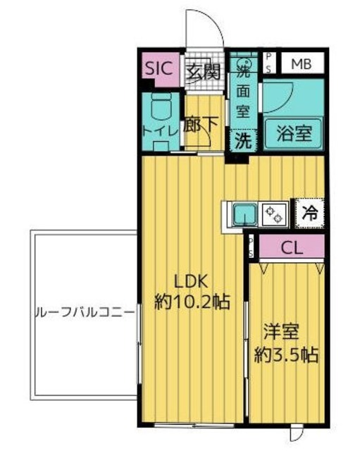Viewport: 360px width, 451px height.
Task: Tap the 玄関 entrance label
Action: [204, 71]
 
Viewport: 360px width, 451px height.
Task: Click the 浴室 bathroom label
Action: [288, 130]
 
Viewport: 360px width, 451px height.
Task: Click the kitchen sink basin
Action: [244, 212]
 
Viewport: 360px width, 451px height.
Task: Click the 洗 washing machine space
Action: [242, 141]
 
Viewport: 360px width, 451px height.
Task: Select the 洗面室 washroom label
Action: [243, 90]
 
